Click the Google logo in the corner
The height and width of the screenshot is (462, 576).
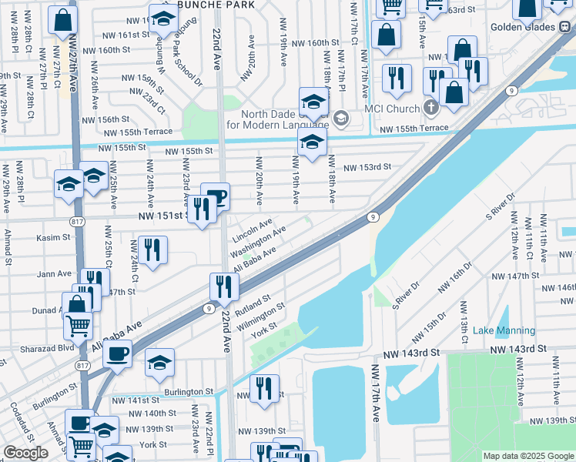point(25,453)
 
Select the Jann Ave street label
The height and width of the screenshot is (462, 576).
point(54,273)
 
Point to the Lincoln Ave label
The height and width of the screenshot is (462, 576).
point(252,229)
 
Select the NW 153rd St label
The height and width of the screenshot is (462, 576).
point(367,166)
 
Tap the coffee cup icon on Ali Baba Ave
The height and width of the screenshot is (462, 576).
point(118,354)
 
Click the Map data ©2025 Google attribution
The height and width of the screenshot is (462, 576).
point(528,456)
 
